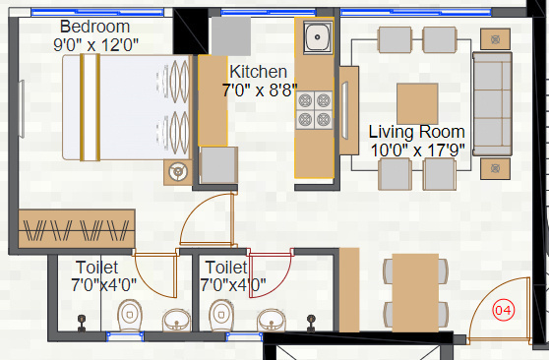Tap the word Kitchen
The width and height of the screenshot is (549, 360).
tap(258, 72)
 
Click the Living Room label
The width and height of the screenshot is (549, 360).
tap(416, 132)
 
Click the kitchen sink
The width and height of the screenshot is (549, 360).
tap(316, 39)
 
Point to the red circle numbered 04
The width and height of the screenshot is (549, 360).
tap(503, 311)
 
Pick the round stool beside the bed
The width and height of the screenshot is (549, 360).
tap(178, 171)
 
